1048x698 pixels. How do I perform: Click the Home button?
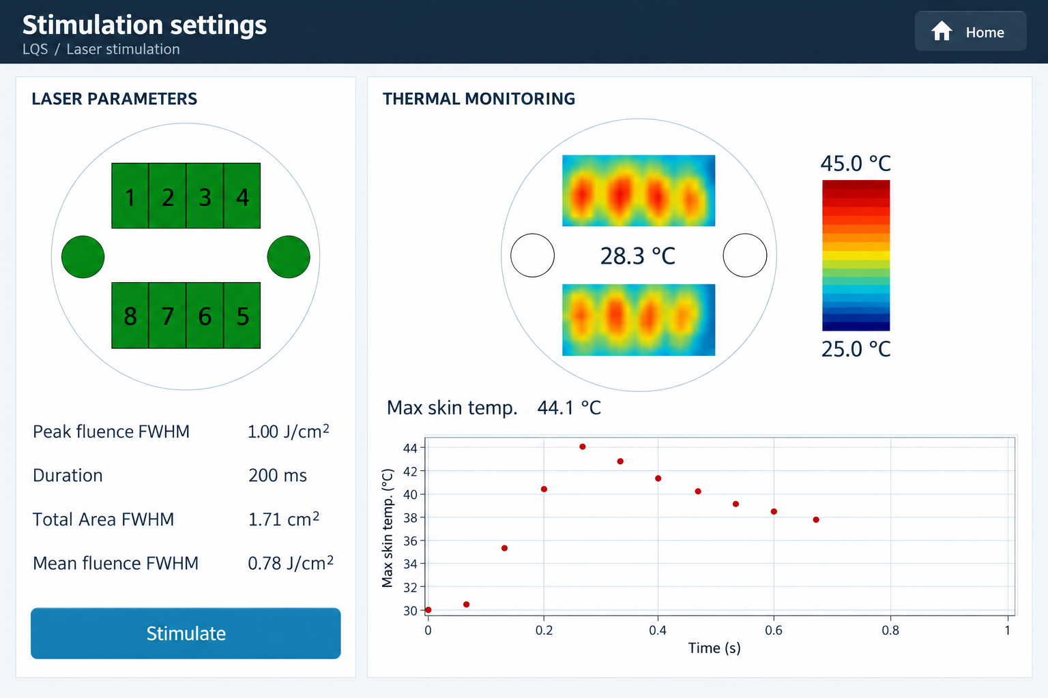coord(970,31)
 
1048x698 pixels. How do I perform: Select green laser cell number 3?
coord(205,196)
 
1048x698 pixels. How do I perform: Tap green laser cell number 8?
coord(130,316)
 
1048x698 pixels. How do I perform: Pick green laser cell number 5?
coord(242,316)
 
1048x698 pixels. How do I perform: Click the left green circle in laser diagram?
coord(83,257)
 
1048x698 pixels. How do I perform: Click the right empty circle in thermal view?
coord(745,255)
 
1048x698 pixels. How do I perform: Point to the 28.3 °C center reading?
coord(638,256)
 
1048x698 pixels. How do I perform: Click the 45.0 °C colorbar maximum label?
coord(856,164)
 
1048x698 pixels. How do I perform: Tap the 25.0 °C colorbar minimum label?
coord(856,349)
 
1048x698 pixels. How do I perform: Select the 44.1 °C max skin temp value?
coord(569,408)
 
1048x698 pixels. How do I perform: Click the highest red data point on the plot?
coord(583,446)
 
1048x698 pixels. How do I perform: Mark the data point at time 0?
coord(428,609)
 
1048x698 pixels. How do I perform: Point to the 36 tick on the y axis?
coord(410,541)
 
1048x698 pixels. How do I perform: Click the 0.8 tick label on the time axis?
coord(890,631)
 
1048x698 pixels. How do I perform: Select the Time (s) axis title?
coord(714,648)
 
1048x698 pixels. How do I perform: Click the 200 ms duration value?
coord(278,476)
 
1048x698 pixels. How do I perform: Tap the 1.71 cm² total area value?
coord(284,519)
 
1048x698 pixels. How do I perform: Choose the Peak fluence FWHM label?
coord(111,431)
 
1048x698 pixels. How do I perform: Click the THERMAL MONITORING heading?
coord(479,99)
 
